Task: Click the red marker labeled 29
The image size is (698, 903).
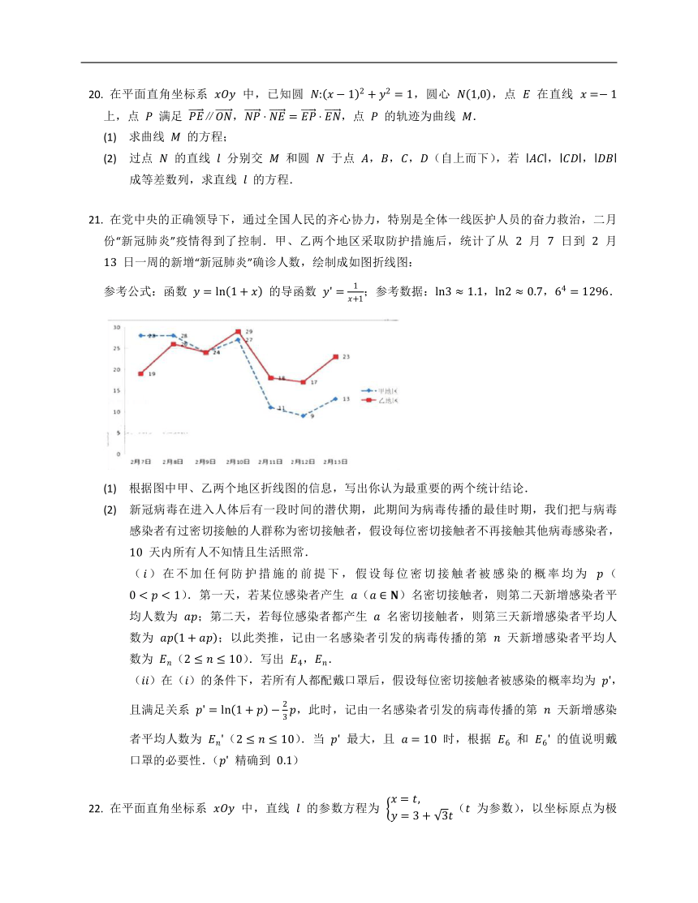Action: click(x=238, y=332)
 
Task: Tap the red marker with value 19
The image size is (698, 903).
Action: click(x=141, y=374)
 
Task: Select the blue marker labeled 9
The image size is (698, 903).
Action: click(x=304, y=415)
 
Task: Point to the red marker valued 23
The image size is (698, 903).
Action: click(x=335, y=357)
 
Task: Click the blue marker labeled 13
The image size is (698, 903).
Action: click(x=335, y=398)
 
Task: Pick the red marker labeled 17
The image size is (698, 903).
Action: click(x=304, y=382)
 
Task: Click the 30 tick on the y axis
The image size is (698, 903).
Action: click(x=118, y=327)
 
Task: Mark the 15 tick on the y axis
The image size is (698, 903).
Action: click(x=118, y=391)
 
